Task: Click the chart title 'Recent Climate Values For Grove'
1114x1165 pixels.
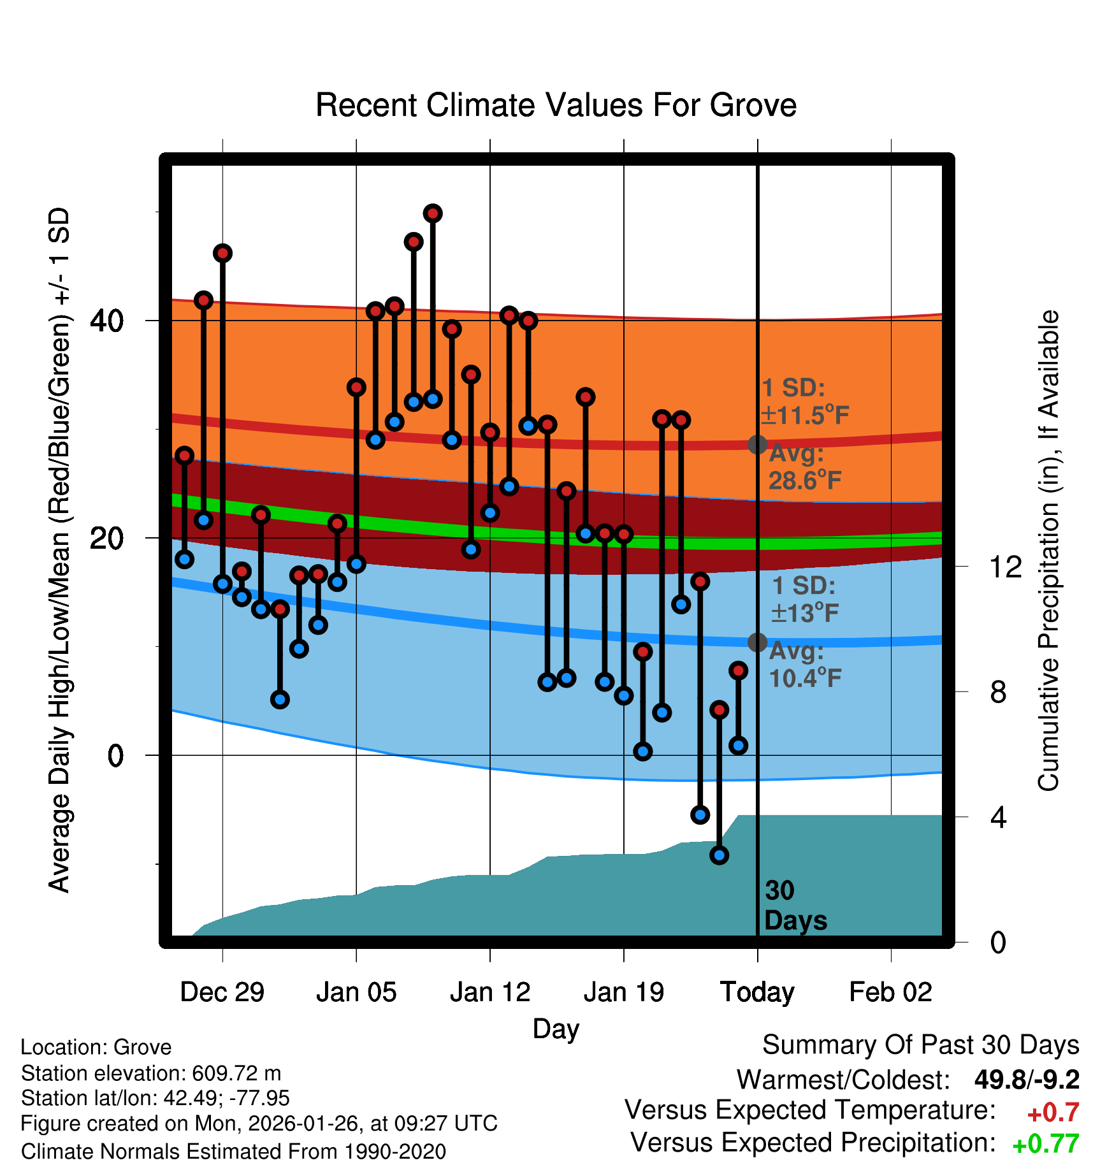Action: point(556,105)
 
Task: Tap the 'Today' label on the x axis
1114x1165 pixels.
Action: point(757,992)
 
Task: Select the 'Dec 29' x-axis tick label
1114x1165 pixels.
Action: point(222,992)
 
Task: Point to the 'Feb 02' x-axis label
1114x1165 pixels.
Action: point(890,992)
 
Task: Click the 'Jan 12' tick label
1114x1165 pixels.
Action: point(489,992)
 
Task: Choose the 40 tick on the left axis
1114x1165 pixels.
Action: point(107,321)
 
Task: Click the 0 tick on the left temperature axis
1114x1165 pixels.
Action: point(115,756)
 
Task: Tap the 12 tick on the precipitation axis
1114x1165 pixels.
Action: point(1006,567)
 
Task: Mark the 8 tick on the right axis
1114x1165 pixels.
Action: point(999,692)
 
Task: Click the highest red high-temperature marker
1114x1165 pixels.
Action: point(433,213)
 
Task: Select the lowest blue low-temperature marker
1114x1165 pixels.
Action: point(719,855)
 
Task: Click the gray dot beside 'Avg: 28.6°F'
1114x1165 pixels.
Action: point(757,444)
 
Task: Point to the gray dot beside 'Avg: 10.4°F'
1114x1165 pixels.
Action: point(757,642)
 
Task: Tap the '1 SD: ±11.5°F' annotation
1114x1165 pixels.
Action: point(805,402)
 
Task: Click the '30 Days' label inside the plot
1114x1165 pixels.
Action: point(795,906)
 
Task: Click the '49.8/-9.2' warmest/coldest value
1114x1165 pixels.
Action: point(1026,1080)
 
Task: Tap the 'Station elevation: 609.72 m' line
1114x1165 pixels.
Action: point(151,1073)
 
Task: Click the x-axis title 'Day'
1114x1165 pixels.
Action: point(556,1029)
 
